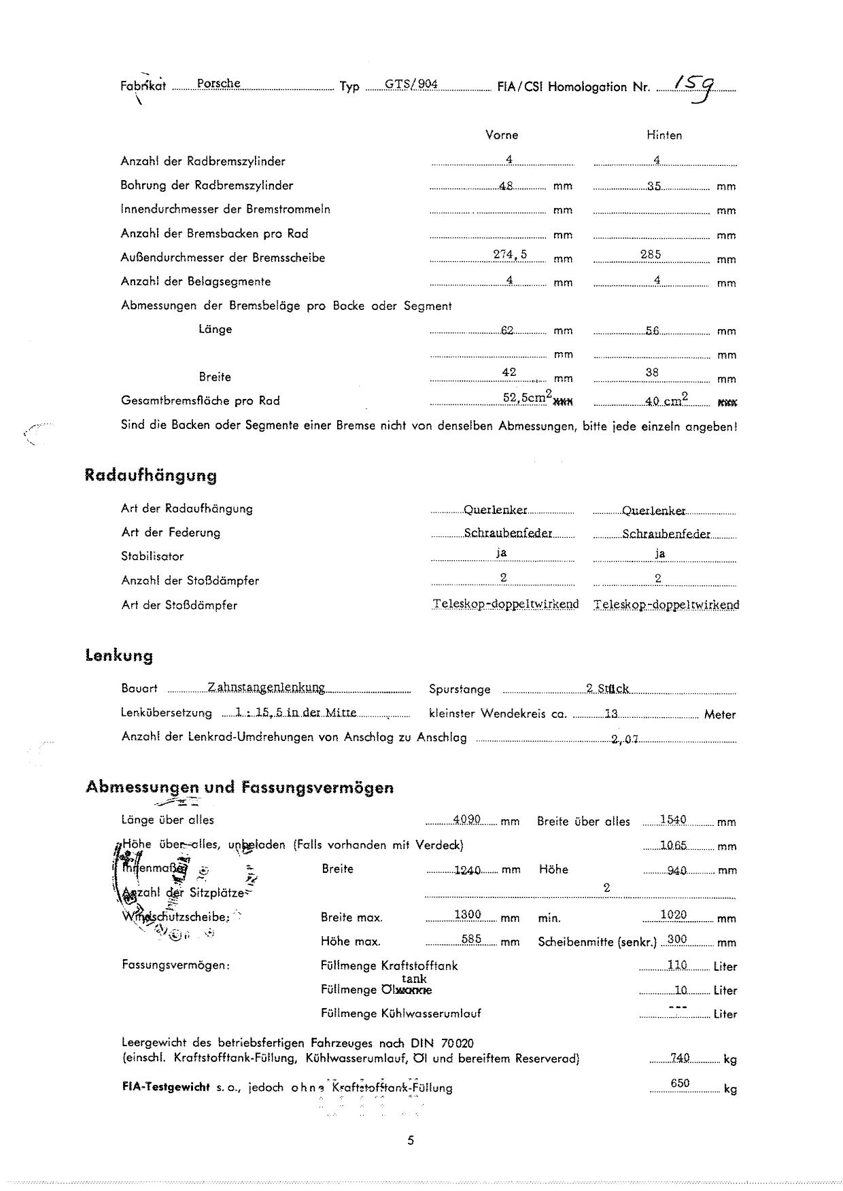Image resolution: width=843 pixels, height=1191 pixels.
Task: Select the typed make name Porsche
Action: click(218, 84)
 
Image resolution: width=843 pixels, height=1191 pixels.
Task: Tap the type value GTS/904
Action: click(411, 85)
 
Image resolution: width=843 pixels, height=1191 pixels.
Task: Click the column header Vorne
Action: click(502, 135)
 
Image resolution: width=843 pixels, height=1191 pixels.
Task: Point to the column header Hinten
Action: click(664, 135)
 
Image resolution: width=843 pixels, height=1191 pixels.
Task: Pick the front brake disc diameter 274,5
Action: click(510, 255)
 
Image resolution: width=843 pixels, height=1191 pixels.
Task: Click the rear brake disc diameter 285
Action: click(651, 255)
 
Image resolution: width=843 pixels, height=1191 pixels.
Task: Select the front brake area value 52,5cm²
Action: click(526, 398)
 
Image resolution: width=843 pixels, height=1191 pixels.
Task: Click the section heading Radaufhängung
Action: click(150, 475)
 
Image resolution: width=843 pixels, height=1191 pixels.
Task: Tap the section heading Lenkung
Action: click(119, 656)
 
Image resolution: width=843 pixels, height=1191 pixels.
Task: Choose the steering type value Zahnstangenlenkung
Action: click(266, 687)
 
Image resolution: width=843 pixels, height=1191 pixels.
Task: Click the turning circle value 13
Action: click(611, 714)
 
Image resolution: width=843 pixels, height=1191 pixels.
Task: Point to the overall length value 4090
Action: click(467, 820)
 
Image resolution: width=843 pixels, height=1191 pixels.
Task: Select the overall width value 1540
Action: click(673, 820)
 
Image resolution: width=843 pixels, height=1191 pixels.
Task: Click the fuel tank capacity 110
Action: click(676, 965)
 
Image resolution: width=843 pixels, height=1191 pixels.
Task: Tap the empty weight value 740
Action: click(680, 1058)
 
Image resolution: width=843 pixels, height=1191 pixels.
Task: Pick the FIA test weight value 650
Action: click(680, 1084)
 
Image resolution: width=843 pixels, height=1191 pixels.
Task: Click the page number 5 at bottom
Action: click(411, 1141)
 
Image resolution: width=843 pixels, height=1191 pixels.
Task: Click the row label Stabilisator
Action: click(152, 556)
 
